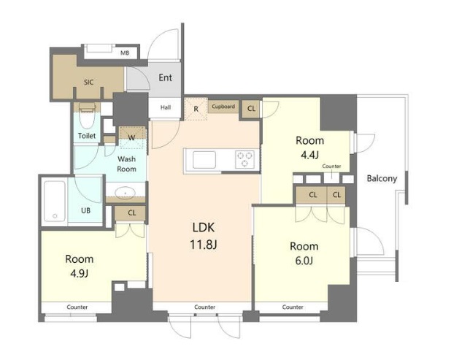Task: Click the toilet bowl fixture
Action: (x=87, y=117)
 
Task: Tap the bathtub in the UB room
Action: (x=54, y=201)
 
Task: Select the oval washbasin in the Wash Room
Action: (x=125, y=192)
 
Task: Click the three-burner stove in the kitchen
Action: (x=244, y=159)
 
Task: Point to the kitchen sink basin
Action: (x=204, y=160)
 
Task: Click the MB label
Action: (x=125, y=53)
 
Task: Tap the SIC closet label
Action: (x=89, y=83)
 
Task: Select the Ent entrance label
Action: (x=166, y=77)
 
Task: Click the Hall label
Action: (x=166, y=107)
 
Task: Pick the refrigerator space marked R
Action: (x=196, y=109)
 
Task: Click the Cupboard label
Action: (x=223, y=106)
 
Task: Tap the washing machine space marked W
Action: (x=132, y=137)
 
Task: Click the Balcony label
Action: (x=382, y=178)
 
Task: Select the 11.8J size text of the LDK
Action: (x=203, y=245)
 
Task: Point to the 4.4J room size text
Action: (x=309, y=155)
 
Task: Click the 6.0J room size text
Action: (x=304, y=261)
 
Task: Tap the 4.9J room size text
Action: (x=79, y=273)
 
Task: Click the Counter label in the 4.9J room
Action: (x=77, y=307)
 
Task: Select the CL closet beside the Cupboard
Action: (x=251, y=109)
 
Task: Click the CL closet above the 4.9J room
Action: (x=132, y=213)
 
